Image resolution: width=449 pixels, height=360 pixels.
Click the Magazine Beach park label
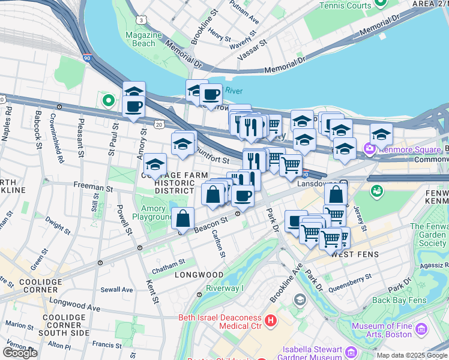pyautogui.click(x=140, y=39)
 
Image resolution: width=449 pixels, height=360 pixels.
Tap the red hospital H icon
pyautogui.click(x=270, y=322)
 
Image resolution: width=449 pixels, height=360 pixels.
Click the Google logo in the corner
pyautogui.click(x=20, y=353)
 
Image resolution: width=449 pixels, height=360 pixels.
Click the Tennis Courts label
pyautogui.click(x=345, y=5)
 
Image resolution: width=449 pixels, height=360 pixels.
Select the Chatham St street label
pyautogui.click(x=169, y=264)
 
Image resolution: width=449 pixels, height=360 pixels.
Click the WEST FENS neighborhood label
pyautogui.click(x=354, y=254)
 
